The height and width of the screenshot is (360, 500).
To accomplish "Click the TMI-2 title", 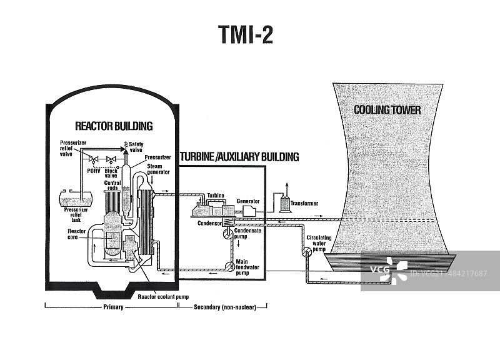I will tap(246, 36).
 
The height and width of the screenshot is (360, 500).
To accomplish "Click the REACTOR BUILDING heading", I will tap(114, 126).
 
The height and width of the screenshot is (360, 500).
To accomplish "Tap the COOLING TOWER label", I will tap(387, 111).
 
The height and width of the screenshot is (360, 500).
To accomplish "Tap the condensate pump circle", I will tap(226, 232).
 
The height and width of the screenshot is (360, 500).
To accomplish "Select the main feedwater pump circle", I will tap(226, 263).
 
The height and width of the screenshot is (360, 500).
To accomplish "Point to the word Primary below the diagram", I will tap(112, 307).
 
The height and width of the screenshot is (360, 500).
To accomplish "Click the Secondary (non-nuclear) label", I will tap(223, 307).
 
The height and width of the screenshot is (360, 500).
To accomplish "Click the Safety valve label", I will tap(136, 146).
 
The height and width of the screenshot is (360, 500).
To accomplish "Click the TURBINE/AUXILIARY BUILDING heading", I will tap(239, 157).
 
